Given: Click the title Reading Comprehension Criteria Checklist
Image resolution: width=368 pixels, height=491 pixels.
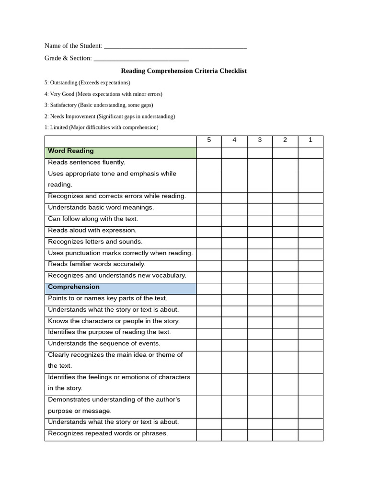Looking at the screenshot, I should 184,71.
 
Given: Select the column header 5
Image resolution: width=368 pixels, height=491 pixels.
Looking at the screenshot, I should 209,140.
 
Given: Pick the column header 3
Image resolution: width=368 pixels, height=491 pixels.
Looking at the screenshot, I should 260,140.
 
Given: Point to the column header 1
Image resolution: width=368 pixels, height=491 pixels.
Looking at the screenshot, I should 310,140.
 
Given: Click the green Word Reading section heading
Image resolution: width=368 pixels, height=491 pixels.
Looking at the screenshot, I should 120,152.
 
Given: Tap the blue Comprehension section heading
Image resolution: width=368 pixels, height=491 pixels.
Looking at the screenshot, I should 120,288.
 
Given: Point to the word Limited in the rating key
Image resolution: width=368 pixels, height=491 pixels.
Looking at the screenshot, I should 59,128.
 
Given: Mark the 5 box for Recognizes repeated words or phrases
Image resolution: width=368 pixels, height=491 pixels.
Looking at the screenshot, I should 209,434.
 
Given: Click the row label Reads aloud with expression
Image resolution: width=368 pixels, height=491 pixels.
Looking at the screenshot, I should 92,231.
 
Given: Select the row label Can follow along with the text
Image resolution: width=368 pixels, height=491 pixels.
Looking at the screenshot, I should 92,219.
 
